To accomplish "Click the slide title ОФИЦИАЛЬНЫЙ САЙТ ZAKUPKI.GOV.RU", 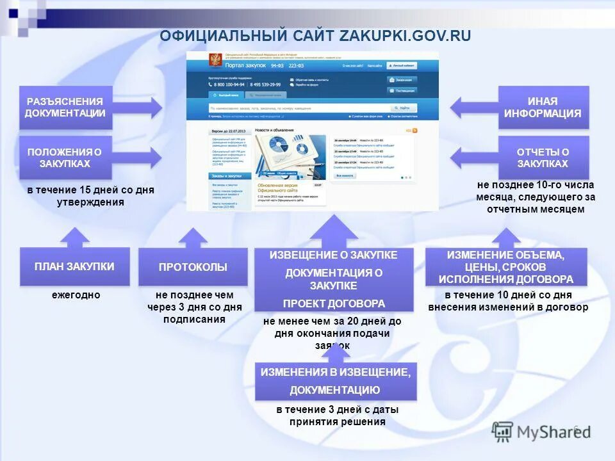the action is coord(315,36).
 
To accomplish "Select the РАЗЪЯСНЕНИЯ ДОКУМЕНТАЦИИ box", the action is coord(65,108).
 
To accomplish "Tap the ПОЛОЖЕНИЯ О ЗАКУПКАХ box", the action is coord(65,158).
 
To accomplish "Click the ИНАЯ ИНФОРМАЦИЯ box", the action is coord(543,108).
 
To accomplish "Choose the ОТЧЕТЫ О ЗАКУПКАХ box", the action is coord(543,158).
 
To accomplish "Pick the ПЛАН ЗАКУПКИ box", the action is coord(74,266).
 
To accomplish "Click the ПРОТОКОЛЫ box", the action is coord(193,267).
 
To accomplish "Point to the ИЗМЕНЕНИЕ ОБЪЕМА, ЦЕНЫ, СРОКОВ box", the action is coord(505,267).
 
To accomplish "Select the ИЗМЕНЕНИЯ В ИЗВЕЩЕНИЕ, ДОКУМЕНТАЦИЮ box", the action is coord(335,381).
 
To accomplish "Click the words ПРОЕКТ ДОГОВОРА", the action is coord(334,303).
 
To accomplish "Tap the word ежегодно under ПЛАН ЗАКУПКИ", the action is coord(76,295).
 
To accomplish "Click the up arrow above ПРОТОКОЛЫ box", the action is coord(193,238).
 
